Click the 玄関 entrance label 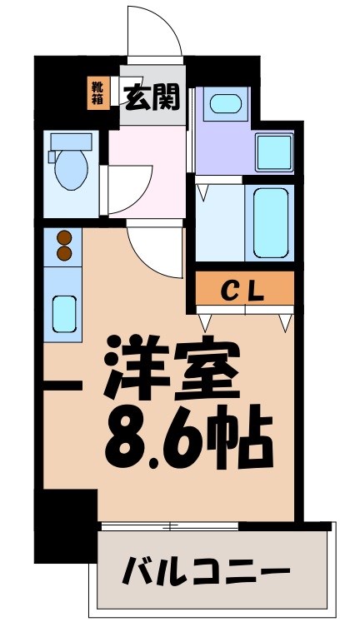[x=153, y=97]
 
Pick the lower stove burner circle [x=63, y=254]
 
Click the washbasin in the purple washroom [x=223, y=104]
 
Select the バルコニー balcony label [x=207, y=572]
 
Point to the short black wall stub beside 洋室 [x=62, y=386]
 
